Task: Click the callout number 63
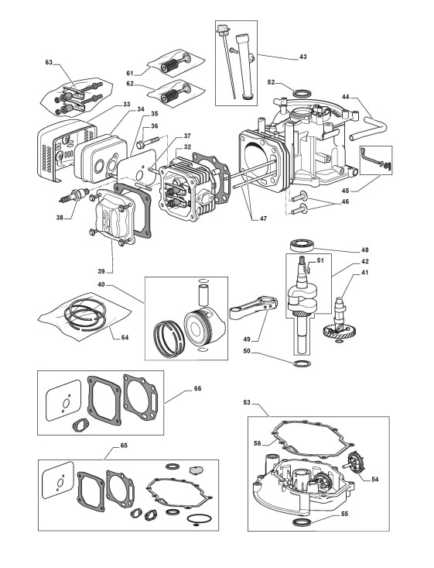coord(49,62)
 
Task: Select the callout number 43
coord(303,57)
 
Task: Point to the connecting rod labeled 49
coord(253,306)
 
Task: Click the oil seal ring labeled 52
coord(301,93)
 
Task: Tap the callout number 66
coord(197,388)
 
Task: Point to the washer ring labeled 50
coord(302,363)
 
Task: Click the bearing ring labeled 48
coord(302,245)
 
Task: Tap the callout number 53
coord(247,402)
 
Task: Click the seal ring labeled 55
coord(302,522)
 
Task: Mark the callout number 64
coord(125,338)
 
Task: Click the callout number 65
coord(124,446)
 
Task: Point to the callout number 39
coord(101,271)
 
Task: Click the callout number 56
coord(257,443)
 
